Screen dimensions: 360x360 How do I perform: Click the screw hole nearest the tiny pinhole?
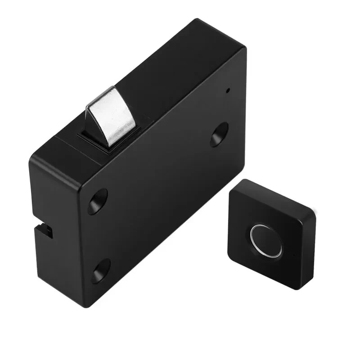point(219,135)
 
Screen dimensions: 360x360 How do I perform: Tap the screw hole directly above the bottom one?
point(98,201)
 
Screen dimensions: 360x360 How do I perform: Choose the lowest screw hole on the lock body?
point(100,271)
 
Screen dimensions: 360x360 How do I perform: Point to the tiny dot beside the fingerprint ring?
point(294,256)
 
